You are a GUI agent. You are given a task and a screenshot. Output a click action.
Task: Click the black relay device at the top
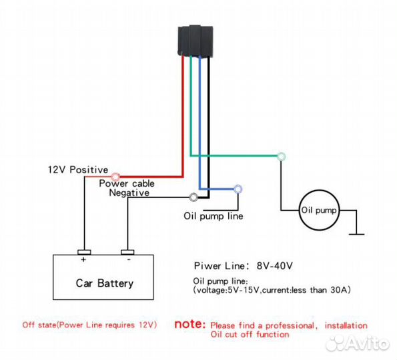point(195,40)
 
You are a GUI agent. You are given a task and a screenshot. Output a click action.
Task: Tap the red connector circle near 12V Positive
point(115,176)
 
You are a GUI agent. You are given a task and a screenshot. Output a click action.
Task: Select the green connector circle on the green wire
point(281,157)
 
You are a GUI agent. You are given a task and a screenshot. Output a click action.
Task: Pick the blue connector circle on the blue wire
point(238,189)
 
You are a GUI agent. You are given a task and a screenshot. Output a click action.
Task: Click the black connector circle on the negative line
point(193,197)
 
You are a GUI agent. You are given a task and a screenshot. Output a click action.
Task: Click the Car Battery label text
point(105,283)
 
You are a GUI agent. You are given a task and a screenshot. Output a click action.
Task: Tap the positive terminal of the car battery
point(84,252)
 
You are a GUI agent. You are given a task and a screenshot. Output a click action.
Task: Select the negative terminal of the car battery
point(127,252)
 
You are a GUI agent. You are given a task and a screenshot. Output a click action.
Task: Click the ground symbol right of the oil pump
point(356,234)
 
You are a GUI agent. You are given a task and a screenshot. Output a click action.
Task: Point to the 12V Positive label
point(78,169)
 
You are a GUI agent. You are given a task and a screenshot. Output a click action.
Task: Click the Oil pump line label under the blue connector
point(214,216)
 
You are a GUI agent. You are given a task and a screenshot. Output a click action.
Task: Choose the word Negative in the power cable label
point(129,193)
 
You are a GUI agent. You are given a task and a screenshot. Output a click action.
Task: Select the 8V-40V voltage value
point(275,265)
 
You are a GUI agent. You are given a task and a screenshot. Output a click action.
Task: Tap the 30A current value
point(339,290)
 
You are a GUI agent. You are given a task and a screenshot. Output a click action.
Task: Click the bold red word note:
point(190,324)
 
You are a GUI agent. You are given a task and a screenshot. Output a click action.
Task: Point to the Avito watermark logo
point(358,343)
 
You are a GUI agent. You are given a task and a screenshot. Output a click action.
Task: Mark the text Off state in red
point(39,325)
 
